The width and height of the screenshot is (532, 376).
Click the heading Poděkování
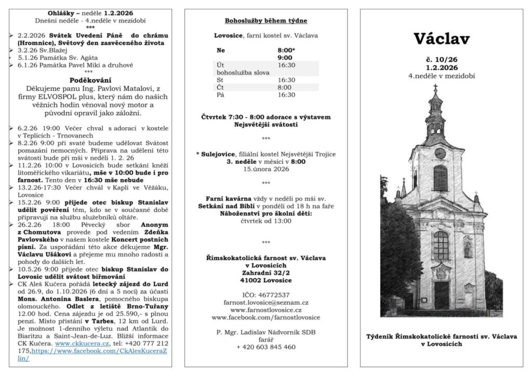pyautogui.click(x=90, y=80)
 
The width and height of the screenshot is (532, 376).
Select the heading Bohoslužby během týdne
pyautogui.click(x=265, y=21)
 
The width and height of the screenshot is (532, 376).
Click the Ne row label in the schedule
pyautogui.click(x=221, y=51)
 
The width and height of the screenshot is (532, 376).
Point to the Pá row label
pyautogui.click(x=220, y=95)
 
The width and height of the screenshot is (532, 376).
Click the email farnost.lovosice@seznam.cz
pyautogui.click(x=265, y=302)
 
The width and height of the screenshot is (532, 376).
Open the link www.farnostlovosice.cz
pyautogui.click(x=265, y=310)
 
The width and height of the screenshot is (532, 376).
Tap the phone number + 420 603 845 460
pyautogui.click(x=265, y=347)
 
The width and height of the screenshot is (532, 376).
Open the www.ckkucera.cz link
pyautogui.click(x=76, y=343)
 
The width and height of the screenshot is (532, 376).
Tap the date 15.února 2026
pyautogui.click(x=265, y=169)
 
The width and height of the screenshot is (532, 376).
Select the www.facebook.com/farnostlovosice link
pyautogui.click(x=265, y=317)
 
